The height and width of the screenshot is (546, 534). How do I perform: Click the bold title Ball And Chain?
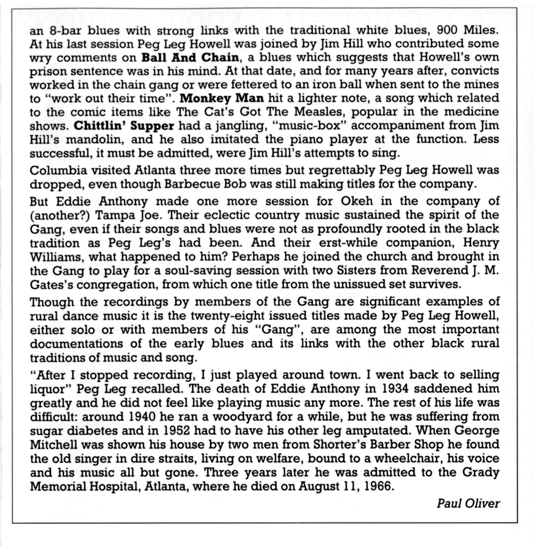[190, 58]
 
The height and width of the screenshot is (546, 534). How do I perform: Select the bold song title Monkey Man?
[222, 98]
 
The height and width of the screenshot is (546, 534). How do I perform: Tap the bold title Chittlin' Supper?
[124, 125]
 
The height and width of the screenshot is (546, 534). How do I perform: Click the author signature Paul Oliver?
[468, 503]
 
